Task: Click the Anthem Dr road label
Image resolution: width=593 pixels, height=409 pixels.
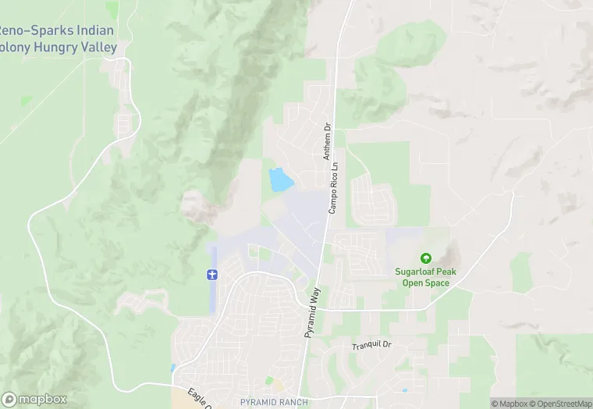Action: (x=328, y=141)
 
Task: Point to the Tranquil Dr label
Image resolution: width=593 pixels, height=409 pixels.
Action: (x=371, y=346)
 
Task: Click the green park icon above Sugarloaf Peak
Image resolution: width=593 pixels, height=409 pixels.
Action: (x=426, y=258)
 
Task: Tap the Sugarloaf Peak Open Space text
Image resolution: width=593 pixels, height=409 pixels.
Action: (x=426, y=277)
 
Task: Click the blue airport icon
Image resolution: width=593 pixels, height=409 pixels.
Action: (x=211, y=274)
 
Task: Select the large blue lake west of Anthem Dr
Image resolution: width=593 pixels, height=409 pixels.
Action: (x=279, y=180)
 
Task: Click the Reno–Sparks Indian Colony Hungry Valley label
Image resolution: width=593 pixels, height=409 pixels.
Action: (x=58, y=39)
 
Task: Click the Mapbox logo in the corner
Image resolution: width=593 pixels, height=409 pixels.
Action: (x=35, y=399)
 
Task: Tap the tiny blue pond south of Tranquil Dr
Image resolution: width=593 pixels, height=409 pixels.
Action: (x=403, y=390)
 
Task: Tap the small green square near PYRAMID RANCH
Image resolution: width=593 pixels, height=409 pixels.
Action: (x=270, y=381)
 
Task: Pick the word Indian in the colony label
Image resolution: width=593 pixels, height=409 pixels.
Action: (x=94, y=31)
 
